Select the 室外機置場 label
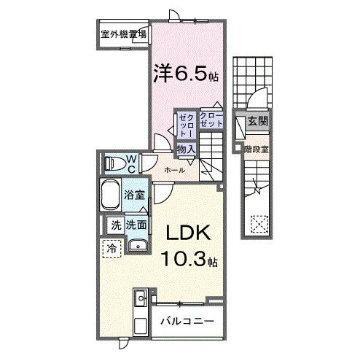coord(124,34)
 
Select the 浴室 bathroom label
coord(136,195)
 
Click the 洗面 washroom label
coord(137,225)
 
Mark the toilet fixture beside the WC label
coord(113,163)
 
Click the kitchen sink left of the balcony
coord(140,298)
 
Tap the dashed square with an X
coord(259,224)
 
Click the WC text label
coord(131,162)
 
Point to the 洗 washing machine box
coord(114,225)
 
